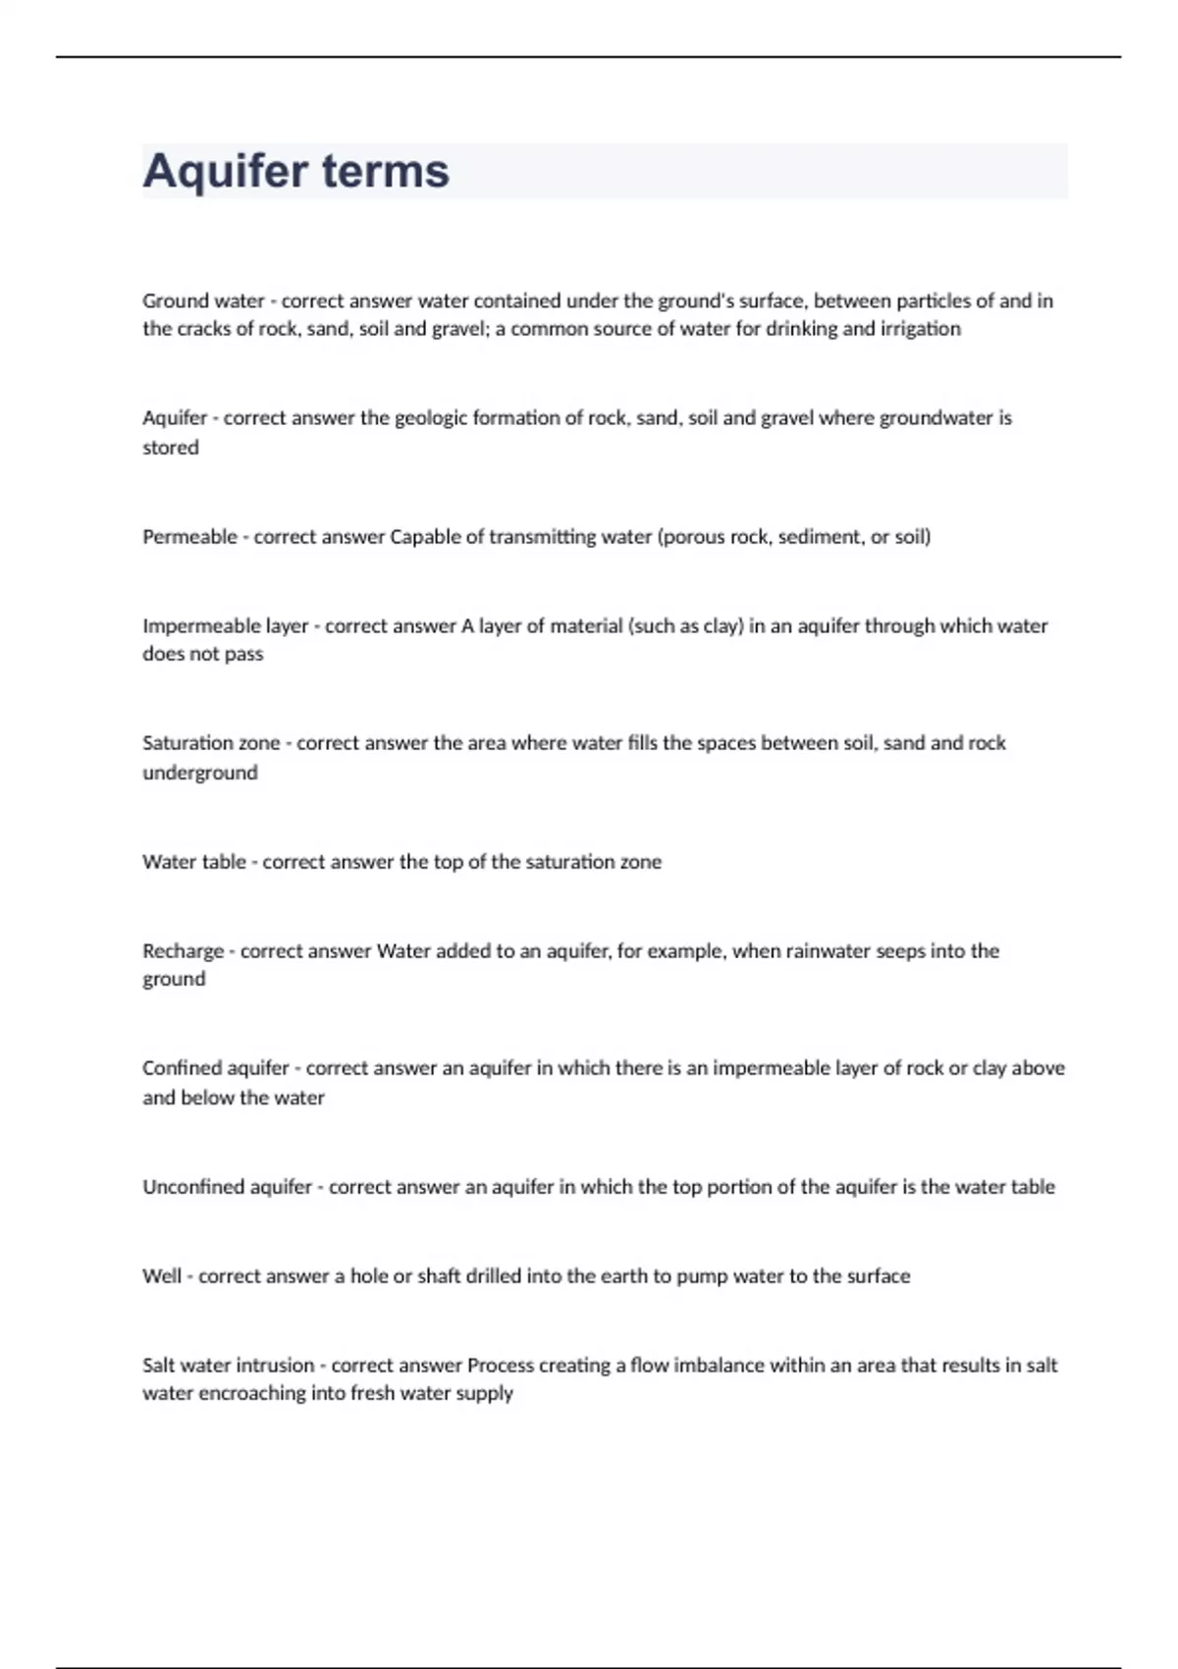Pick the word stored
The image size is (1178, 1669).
[171, 448]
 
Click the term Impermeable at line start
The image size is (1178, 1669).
[194, 626]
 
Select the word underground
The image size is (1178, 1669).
[200, 773]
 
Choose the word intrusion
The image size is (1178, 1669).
[271, 1366]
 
